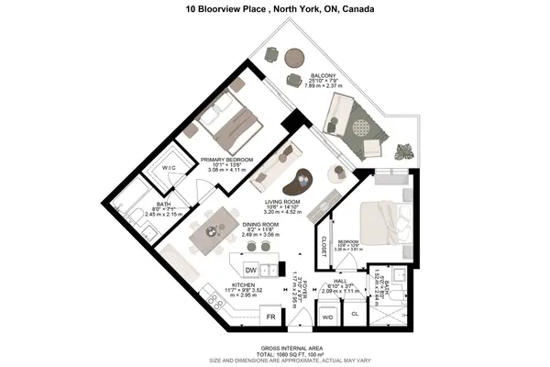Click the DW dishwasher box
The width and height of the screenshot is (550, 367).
tap(250, 269)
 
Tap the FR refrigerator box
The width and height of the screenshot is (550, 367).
tap(271, 317)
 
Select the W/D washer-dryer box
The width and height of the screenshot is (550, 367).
tap(325, 317)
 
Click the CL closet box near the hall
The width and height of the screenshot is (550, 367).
tap(356, 313)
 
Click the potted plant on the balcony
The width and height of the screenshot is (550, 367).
tap(404, 152)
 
